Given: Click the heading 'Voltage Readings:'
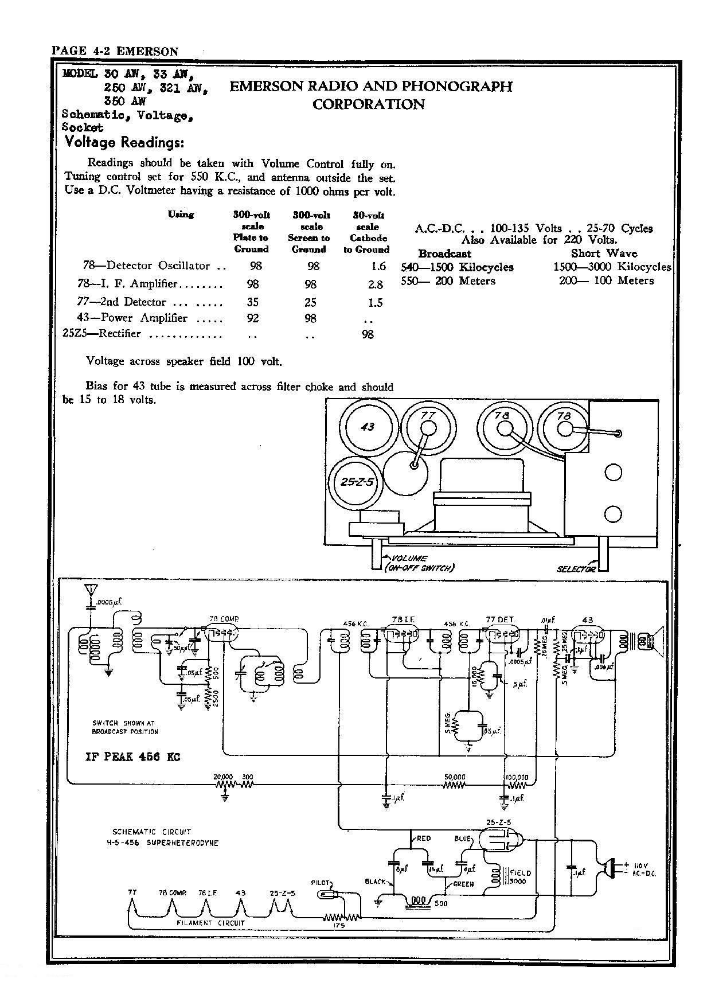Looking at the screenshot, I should click(124, 142).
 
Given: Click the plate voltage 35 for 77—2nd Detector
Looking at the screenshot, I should click(252, 302).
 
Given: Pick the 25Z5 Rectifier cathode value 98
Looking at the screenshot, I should click(368, 334).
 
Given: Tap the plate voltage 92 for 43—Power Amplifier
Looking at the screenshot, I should click(252, 318).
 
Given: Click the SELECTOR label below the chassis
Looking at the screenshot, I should click(576, 568).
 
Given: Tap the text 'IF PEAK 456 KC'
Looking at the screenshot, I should click(132, 757).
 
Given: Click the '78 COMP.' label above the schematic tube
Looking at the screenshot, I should click(224, 619).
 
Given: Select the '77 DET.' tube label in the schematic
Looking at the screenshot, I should click(499, 619).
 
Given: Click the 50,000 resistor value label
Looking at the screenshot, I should click(455, 778).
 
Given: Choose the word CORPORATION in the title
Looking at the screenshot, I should click(368, 104).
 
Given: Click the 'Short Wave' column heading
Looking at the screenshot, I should click(604, 254).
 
